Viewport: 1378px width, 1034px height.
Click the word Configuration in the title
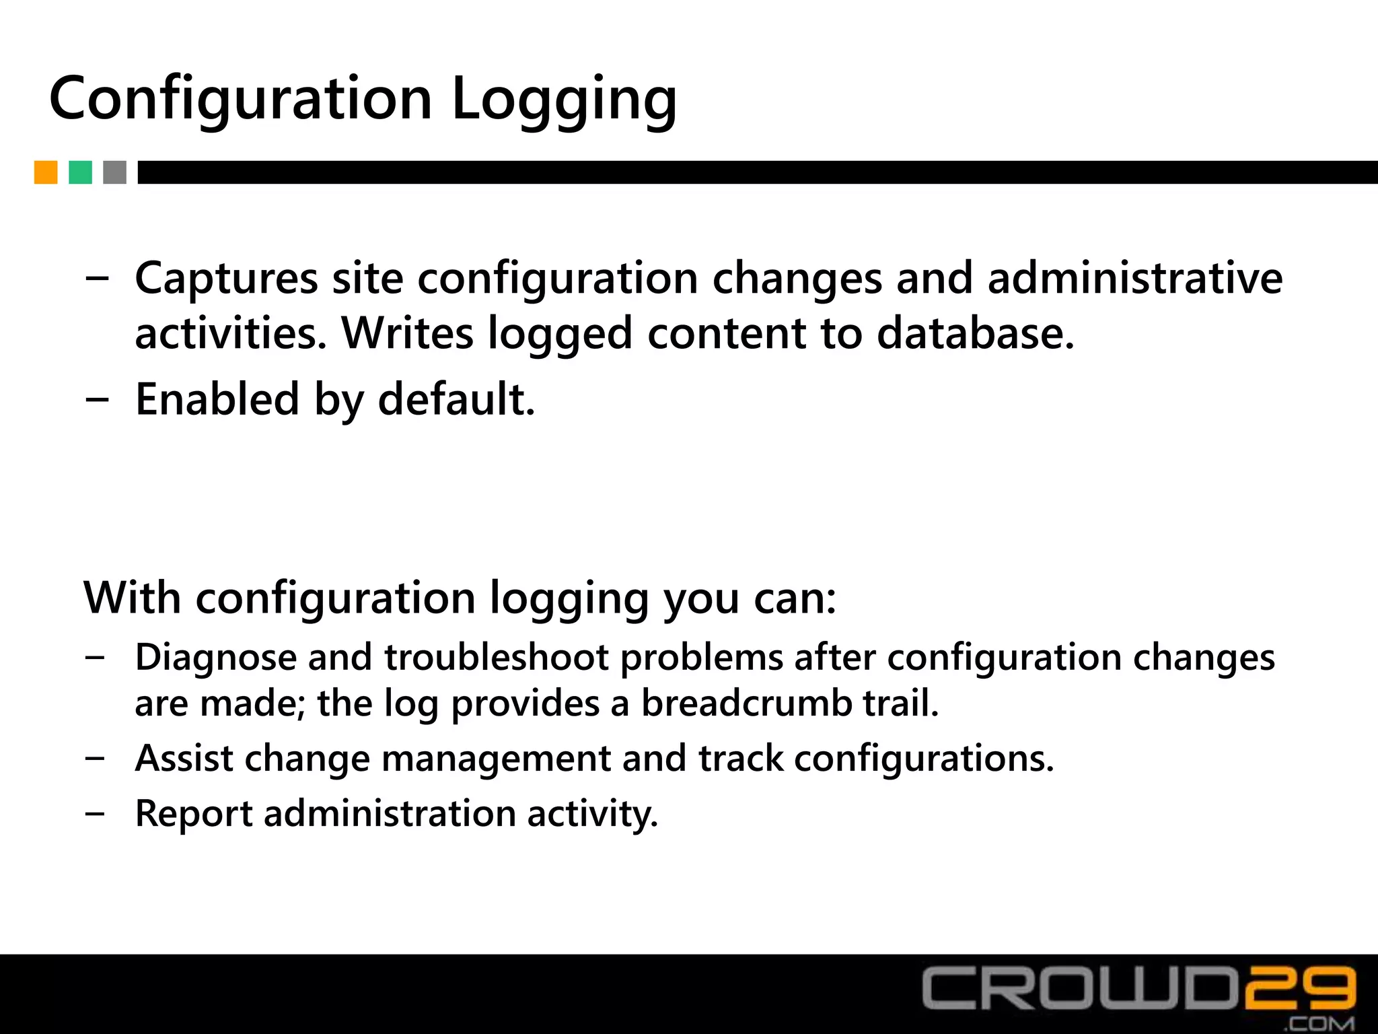pyautogui.click(x=240, y=100)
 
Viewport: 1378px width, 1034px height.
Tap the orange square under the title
pyautogui.click(x=46, y=172)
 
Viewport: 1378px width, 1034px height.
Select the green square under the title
pyautogui.click(x=81, y=172)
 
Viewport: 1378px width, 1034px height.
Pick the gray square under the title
pyautogui.click(x=115, y=172)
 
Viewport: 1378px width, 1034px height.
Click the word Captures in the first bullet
pyautogui.click(x=227, y=279)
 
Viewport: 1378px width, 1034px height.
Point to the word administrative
pyautogui.click(x=1135, y=277)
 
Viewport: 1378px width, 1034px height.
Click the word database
pyautogui.click(x=976, y=333)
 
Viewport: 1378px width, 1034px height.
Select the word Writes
pyautogui.click(x=408, y=333)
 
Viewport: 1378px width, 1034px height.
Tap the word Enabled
pyautogui.click(x=217, y=399)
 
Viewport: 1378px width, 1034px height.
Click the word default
pyautogui.click(x=456, y=399)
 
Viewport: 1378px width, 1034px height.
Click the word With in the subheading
pyautogui.click(x=133, y=597)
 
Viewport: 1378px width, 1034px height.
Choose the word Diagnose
pyautogui.click(x=216, y=657)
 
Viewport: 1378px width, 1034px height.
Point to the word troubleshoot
pyautogui.click(x=496, y=657)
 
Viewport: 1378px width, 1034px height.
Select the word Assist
pyautogui.click(x=184, y=758)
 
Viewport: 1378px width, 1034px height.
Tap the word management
pyautogui.click(x=496, y=759)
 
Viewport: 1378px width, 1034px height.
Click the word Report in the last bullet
pyautogui.click(x=194, y=813)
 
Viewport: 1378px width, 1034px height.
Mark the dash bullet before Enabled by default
pyautogui.click(x=96, y=399)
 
